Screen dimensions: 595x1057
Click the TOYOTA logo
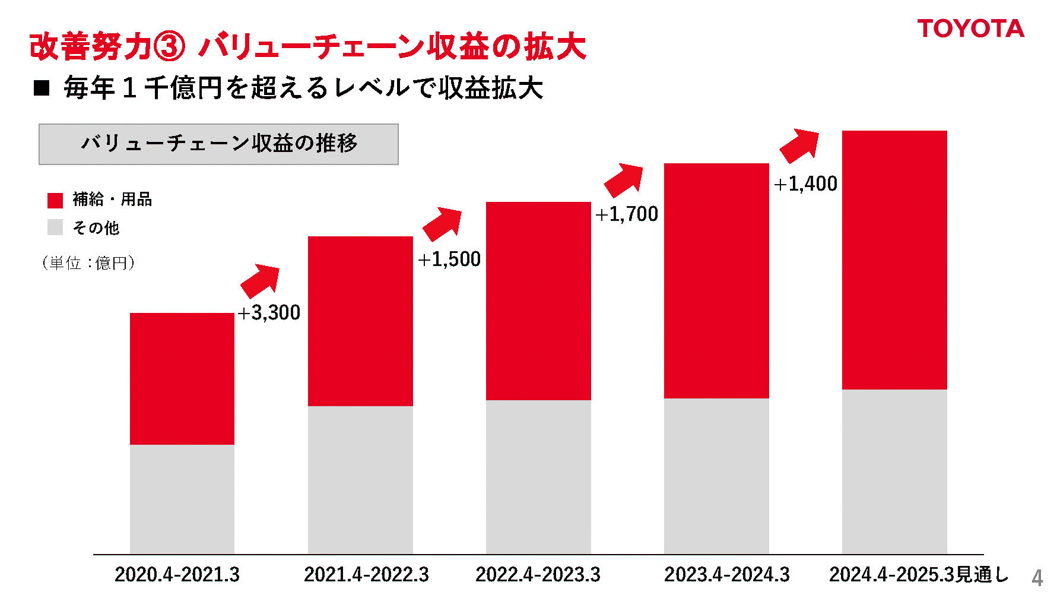(970, 29)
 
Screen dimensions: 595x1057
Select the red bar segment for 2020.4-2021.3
(182, 378)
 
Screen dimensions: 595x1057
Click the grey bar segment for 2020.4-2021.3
(182, 499)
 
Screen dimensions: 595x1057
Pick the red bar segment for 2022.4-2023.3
(538, 300)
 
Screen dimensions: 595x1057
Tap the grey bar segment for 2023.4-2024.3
(716, 476)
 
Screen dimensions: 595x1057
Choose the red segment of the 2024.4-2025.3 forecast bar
(894, 259)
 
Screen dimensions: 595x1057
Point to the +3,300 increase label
(269, 312)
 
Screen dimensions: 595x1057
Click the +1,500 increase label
(449, 259)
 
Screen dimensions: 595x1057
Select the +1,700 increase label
(627, 214)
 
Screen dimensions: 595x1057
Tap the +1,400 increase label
(806, 184)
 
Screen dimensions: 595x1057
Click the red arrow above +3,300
(260, 280)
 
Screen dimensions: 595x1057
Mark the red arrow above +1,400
(799, 145)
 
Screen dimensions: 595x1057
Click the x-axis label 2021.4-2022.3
(366, 575)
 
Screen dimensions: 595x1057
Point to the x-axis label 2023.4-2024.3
(727, 575)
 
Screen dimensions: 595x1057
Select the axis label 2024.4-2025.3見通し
(918, 575)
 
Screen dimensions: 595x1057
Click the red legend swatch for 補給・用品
(55, 200)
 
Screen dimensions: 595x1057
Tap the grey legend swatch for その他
(55, 227)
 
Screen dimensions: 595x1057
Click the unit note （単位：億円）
(88, 263)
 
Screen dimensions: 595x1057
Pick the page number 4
(1037, 578)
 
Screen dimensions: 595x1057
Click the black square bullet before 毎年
(42, 88)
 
